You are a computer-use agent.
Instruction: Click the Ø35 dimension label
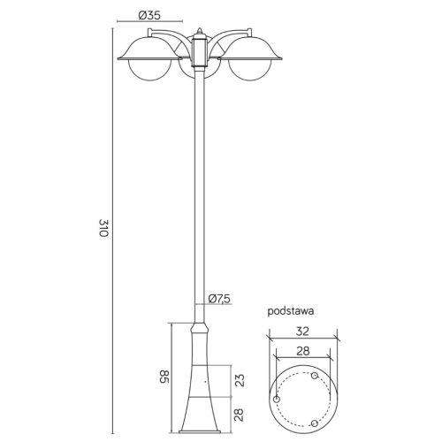149,15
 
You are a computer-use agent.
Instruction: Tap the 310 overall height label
103,228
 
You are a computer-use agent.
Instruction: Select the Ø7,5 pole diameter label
219,299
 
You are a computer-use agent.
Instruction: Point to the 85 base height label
164,377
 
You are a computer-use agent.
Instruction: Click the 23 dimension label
240,380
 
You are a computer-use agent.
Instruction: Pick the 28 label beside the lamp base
240,415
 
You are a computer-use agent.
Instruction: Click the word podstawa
291,311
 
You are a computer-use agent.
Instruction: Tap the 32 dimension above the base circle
302,331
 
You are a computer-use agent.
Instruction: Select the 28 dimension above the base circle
303,351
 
